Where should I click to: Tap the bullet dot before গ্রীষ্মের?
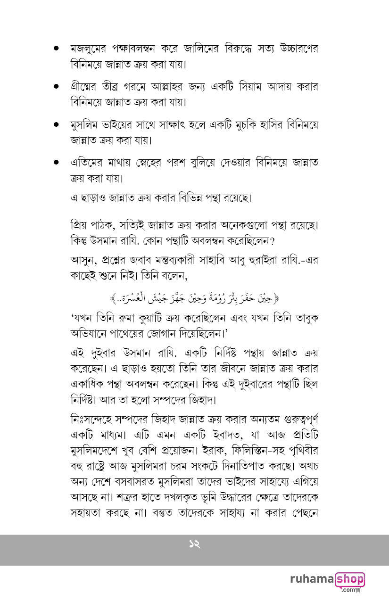point(56,87)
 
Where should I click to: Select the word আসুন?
point(80,261)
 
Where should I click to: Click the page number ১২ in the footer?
point(194,544)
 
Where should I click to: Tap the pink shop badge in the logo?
point(350,579)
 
